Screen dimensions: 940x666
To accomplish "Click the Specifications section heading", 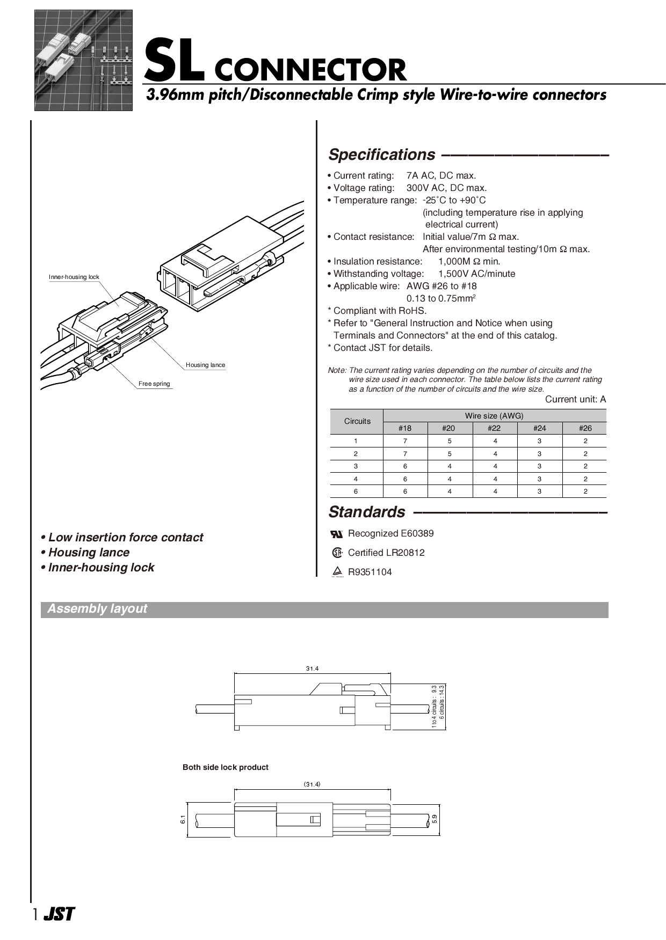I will (381, 155).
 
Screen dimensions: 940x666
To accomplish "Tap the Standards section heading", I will (367, 512).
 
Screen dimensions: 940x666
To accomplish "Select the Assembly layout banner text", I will (97, 609).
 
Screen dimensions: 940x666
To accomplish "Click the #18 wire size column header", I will (405, 428).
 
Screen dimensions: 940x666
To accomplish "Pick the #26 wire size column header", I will (585, 428).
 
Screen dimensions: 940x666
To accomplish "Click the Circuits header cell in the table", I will (357, 421).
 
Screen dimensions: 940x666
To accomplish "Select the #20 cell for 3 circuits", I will (450, 466).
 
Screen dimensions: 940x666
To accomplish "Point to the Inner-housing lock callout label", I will (74, 277).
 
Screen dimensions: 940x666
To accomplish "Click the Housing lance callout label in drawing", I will (205, 365).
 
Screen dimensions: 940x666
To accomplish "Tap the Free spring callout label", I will (154, 384).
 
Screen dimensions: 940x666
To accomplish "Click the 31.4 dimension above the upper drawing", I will (312, 669).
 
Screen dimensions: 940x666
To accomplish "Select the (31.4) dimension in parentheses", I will (312, 784).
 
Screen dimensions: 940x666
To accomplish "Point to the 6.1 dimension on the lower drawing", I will (183, 820).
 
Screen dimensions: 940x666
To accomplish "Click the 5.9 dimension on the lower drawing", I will (435, 819).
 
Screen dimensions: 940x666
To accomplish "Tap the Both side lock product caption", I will (226, 767).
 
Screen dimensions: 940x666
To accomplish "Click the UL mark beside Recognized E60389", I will (337, 534).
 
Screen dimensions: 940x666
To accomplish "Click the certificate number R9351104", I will (370, 572).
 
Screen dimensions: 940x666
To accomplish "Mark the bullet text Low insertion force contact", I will (126, 538).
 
